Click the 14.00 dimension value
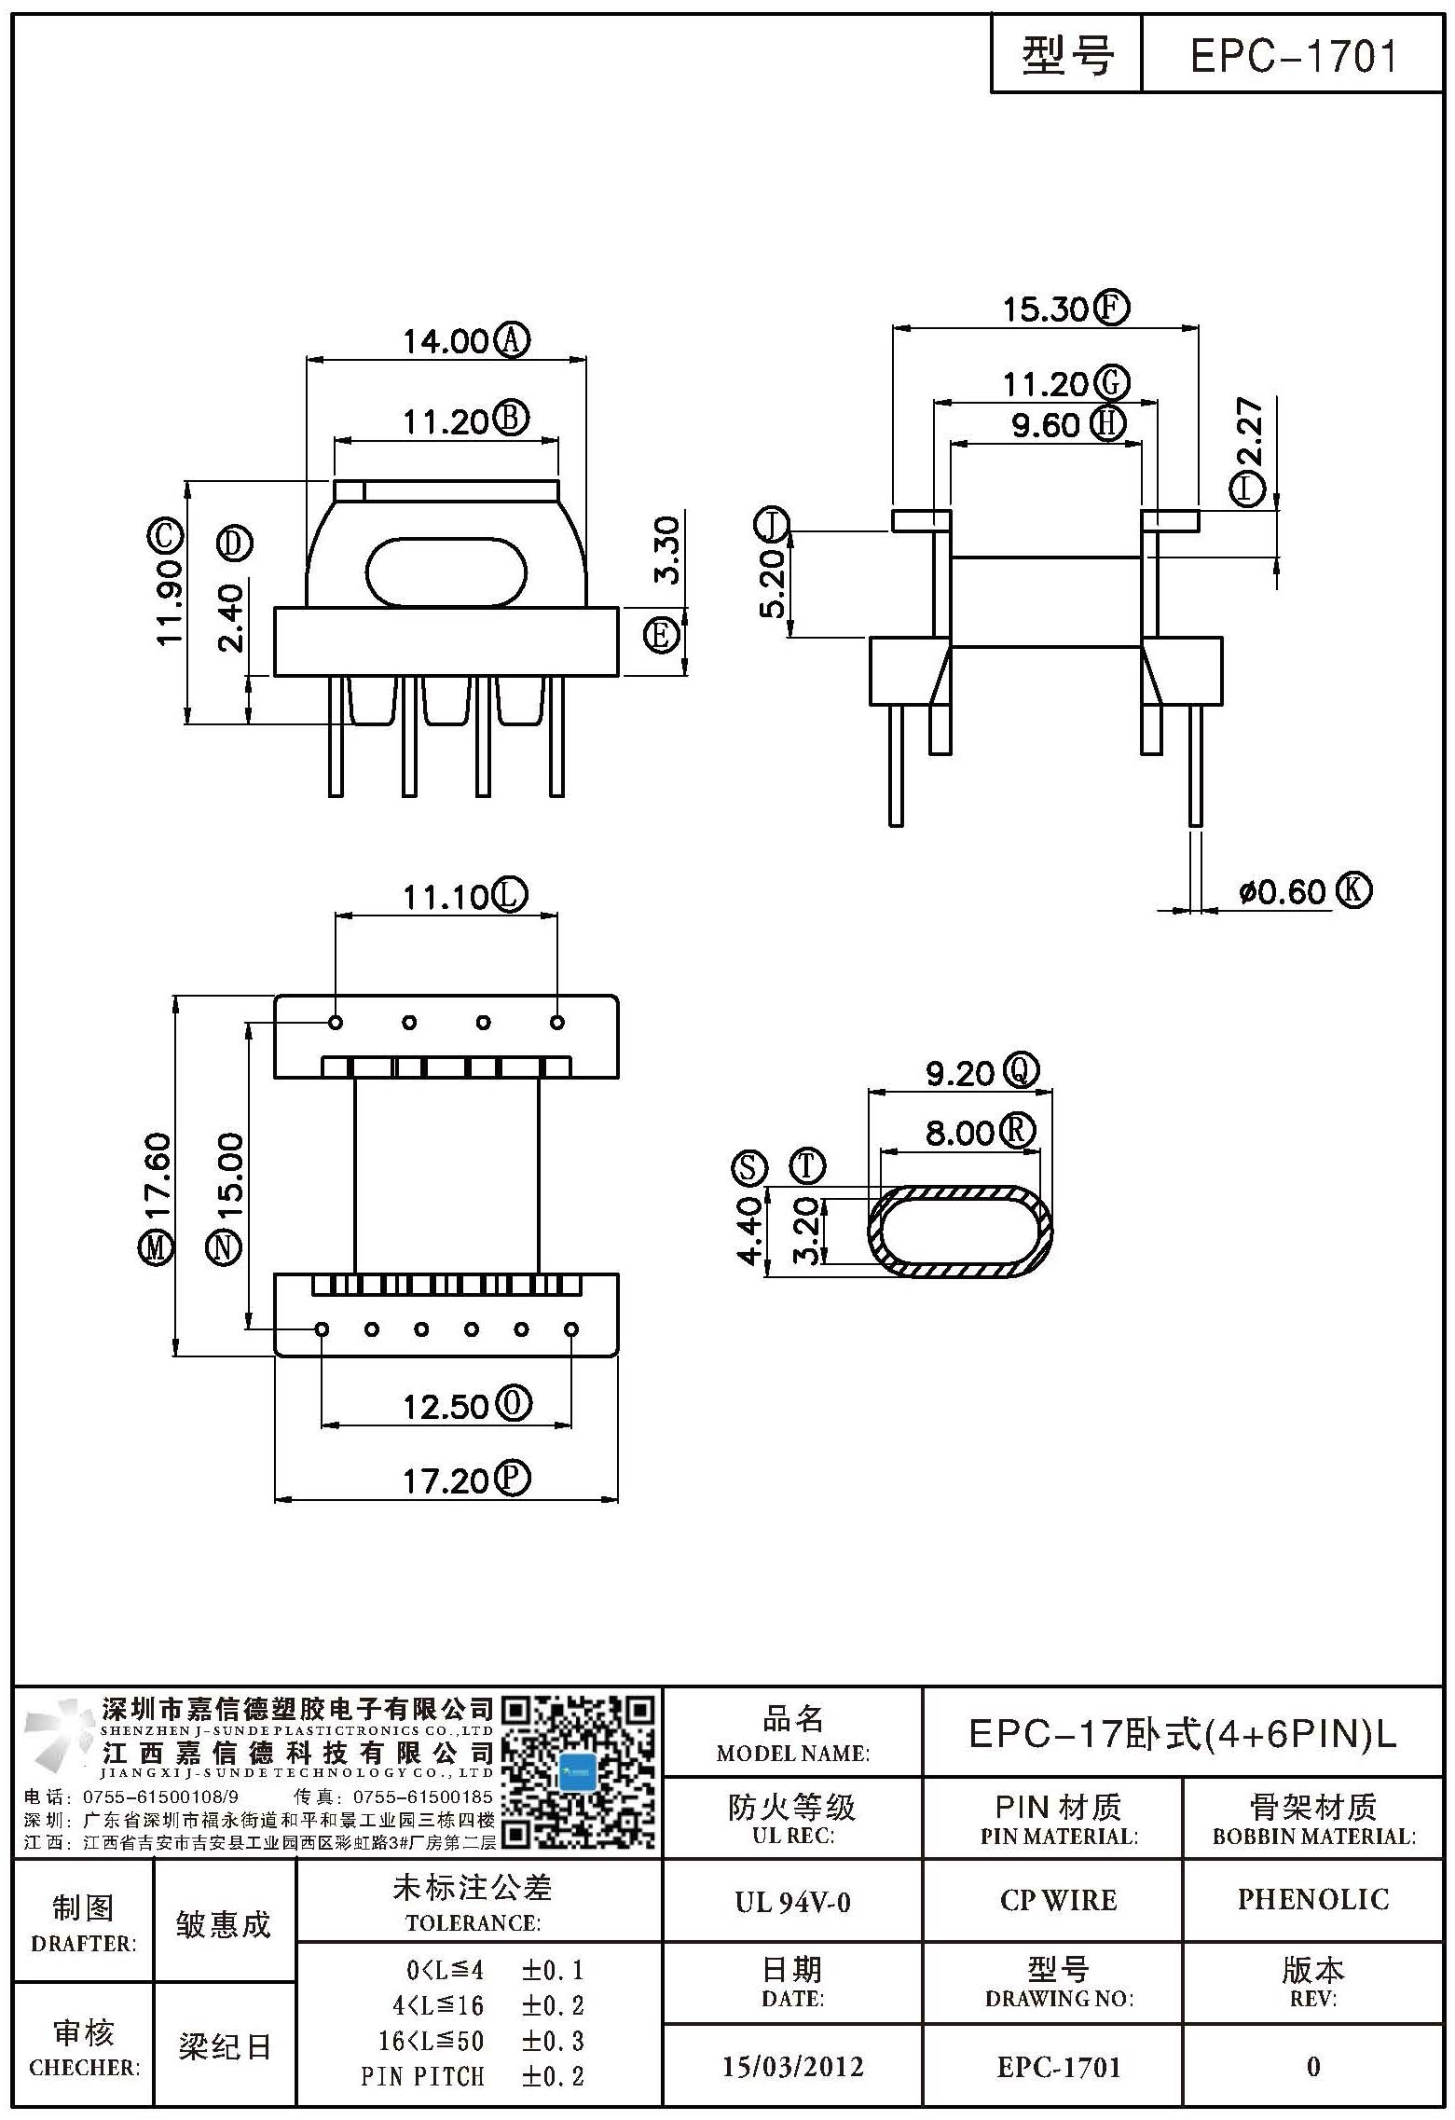tap(446, 341)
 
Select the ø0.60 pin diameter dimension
tap(1282, 891)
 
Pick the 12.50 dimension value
tap(446, 1406)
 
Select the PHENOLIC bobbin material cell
tap(1312, 1899)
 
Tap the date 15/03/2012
tap(793, 2067)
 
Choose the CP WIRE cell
tap(1058, 1900)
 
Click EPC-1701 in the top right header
tap(1294, 57)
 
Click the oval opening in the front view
tap(446, 571)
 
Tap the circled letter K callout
tap(1354, 890)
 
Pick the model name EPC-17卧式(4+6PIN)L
tap(1183, 1733)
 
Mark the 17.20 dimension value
tap(446, 1480)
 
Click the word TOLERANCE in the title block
tap(473, 1923)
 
